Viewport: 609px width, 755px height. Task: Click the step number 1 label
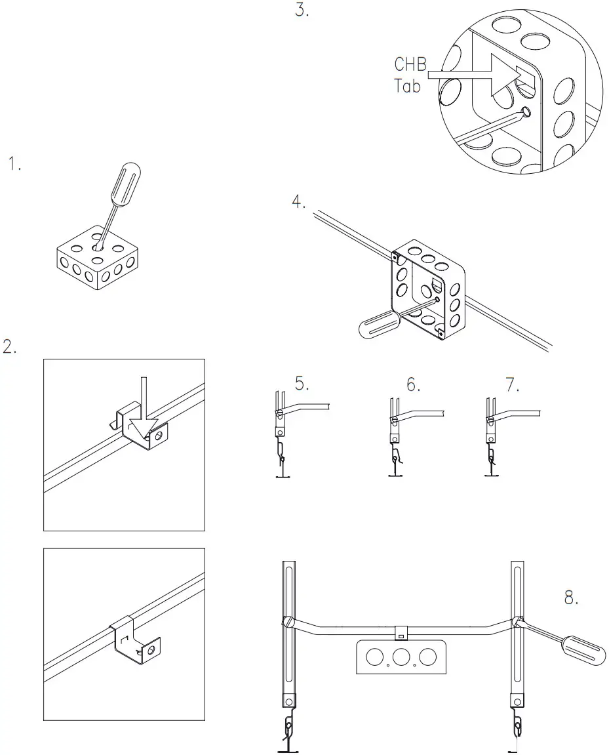14,164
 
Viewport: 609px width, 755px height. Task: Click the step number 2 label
10,347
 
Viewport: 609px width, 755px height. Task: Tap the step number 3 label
301,10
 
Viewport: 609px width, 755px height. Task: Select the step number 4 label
299,202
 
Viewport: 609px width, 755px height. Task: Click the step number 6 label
413,384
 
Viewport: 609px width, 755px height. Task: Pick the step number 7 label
512,384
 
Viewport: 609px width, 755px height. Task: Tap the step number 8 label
571,598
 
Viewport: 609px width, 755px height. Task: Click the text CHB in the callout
410,64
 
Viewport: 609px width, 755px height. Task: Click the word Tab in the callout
407,85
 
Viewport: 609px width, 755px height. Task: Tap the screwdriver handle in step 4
376,323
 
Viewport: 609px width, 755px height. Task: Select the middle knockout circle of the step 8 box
401,657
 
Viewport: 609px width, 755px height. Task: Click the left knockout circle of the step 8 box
375,657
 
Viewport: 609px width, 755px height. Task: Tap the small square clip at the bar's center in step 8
401,634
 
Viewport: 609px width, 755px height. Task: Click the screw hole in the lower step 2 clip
151,649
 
